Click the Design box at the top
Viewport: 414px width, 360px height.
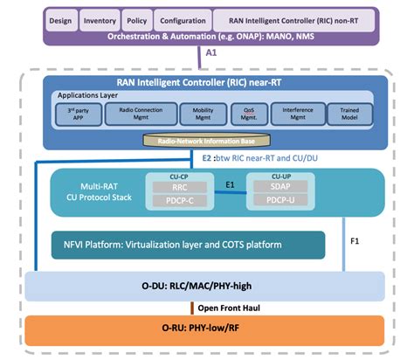(x=59, y=18)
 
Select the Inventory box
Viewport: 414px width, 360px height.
(x=100, y=18)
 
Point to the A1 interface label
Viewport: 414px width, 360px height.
(x=210, y=52)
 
